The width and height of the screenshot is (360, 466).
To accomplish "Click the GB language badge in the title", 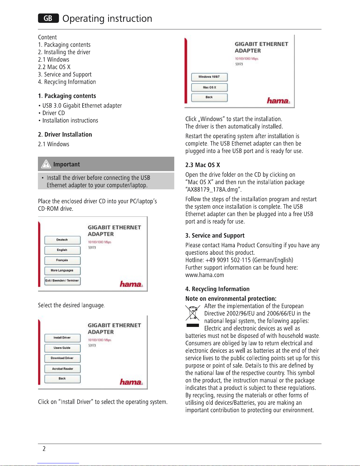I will (48, 19).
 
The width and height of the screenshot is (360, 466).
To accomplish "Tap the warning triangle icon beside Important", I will (46, 164).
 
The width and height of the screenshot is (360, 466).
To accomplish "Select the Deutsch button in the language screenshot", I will (62, 240).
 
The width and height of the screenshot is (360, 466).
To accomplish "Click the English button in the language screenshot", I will (62, 250).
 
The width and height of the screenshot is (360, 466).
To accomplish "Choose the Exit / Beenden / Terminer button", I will (62, 281).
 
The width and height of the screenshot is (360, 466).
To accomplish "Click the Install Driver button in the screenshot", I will (62, 338).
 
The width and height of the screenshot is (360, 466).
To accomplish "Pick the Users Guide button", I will (62, 348).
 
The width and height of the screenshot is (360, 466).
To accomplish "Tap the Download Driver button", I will (62, 358).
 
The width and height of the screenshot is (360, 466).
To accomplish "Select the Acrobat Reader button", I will (62, 369).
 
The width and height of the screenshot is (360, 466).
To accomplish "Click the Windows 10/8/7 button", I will (209, 77).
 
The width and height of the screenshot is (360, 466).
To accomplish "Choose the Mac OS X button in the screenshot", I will (209, 87).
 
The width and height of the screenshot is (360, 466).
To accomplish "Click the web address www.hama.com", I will (205, 275).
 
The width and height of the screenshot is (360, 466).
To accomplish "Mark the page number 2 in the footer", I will (44, 449).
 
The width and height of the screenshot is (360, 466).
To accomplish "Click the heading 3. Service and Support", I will (215, 235).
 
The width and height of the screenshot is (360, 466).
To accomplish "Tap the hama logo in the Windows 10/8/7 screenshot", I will (278, 101).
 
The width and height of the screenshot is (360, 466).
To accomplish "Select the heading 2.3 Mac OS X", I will (202, 165).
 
